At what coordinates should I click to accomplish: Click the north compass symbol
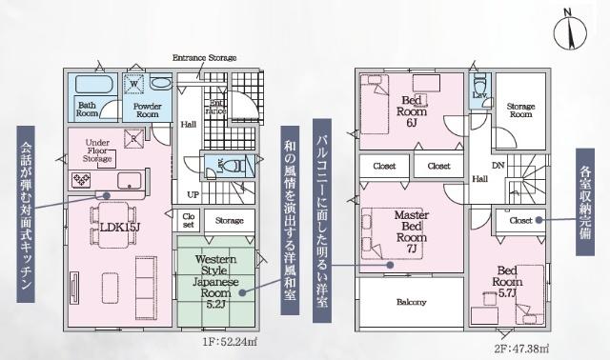coord(570,34)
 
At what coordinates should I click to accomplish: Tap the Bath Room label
coord(88,110)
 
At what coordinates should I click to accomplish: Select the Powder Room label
coord(145,110)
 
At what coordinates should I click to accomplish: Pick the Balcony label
coord(411,302)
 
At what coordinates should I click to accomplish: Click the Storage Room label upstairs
coord(520,110)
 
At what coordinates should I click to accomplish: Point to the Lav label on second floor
coord(479,96)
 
